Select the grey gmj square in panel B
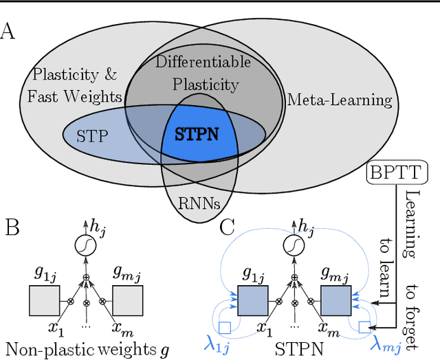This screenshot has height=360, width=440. click(128, 301)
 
